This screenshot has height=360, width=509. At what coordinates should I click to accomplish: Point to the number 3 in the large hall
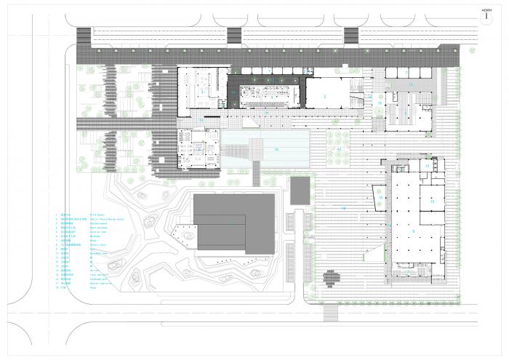coord(325,95)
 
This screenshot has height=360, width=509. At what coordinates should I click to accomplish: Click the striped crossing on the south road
coord(332,313)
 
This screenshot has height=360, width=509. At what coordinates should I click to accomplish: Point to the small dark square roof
coord(298,191)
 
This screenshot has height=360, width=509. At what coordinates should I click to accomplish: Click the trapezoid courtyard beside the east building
coord(380,196)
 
